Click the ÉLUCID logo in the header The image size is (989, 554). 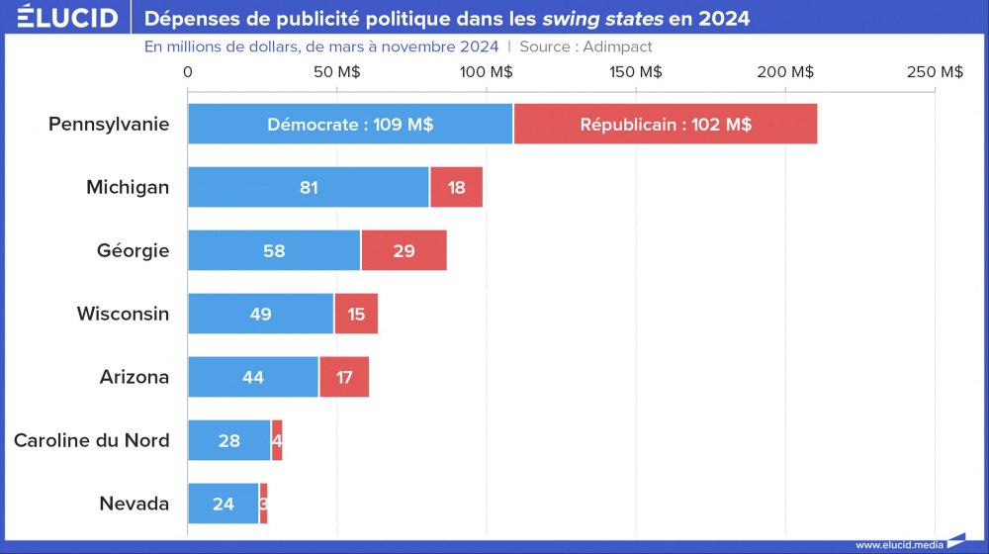[61, 18]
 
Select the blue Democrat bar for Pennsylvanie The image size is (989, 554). [350, 125]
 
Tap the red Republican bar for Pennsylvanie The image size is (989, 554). [665, 125]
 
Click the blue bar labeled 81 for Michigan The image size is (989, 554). [309, 187]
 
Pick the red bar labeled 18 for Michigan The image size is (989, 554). [456, 187]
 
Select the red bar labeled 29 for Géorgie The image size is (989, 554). [404, 250]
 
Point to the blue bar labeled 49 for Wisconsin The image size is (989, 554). [261, 314]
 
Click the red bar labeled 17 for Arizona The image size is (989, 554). [343, 377]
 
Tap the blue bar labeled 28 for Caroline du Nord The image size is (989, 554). [229, 440]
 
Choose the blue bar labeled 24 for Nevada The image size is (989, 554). [224, 504]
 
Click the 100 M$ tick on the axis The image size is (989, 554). [488, 72]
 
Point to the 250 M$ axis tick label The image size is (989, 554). [935, 72]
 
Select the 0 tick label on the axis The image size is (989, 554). [188, 72]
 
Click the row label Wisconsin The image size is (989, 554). [123, 314]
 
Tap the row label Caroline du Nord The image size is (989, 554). [91, 440]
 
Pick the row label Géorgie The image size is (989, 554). [133, 250]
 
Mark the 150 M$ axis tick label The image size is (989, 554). [636, 72]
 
